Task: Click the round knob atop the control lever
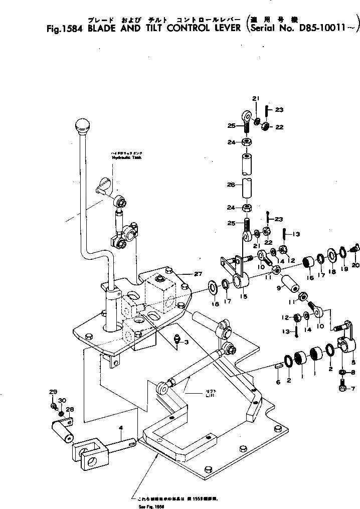pyautogui.click(x=81, y=125)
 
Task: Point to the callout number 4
pyautogui.click(x=120, y=428)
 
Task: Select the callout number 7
pyautogui.click(x=352, y=389)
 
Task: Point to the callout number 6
pyautogui.click(x=278, y=382)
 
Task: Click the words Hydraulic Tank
pyautogui.click(x=126, y=157)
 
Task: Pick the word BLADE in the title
pyautogui.click(x=104, y=28)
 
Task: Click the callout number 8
pyautogui.click(x=352, y=372)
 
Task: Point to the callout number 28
pyautogui.click(x=70, y=409)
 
